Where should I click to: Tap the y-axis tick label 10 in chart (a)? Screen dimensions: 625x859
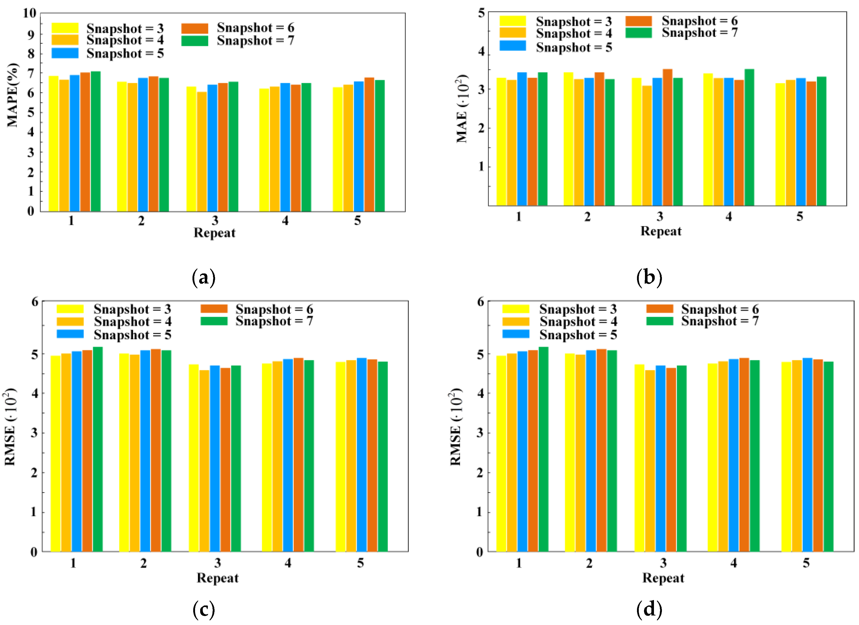point(30,13)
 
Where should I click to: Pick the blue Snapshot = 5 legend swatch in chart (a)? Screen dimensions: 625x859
point(65,53)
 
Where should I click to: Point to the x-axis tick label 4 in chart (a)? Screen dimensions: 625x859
point(285,220)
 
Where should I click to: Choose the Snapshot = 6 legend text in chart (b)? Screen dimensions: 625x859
point(699,21)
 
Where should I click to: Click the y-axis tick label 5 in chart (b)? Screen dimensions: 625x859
point(481,13)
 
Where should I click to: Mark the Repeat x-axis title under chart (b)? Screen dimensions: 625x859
point(661,231)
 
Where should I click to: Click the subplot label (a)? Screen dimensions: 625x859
point(204,278)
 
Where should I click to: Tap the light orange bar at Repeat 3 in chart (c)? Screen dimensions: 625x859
point(204,461)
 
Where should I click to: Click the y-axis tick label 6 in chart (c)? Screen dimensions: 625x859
point(35,302)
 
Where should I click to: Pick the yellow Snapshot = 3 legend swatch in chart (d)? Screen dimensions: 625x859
point(515,309)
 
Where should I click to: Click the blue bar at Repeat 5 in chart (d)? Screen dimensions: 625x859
point(807,455)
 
